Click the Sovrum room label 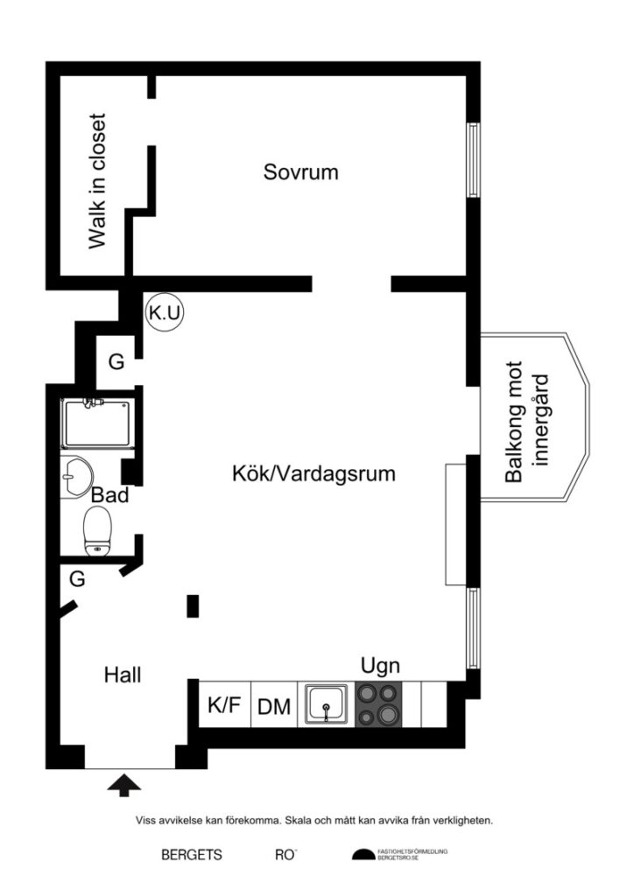click(300, 172)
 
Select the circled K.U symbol click(165, 313)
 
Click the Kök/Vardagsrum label click(313, 474)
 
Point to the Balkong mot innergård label click(527, 422)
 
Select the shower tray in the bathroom click(95, 423)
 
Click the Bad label click(110, 495)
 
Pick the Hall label click(123, 675)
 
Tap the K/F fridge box click(223, 704)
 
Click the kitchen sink click(327, 704)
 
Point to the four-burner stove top click(379, 704)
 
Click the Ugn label click(380, 666)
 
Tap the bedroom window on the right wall click(473, 159)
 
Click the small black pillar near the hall click(193, 605)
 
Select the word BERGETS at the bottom click(191, 855)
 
